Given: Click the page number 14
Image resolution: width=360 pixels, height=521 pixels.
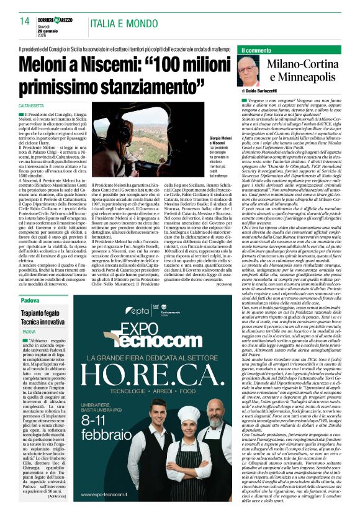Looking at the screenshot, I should pos(25,21).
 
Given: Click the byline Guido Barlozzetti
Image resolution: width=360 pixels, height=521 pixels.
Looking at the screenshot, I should pos(268,92).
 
